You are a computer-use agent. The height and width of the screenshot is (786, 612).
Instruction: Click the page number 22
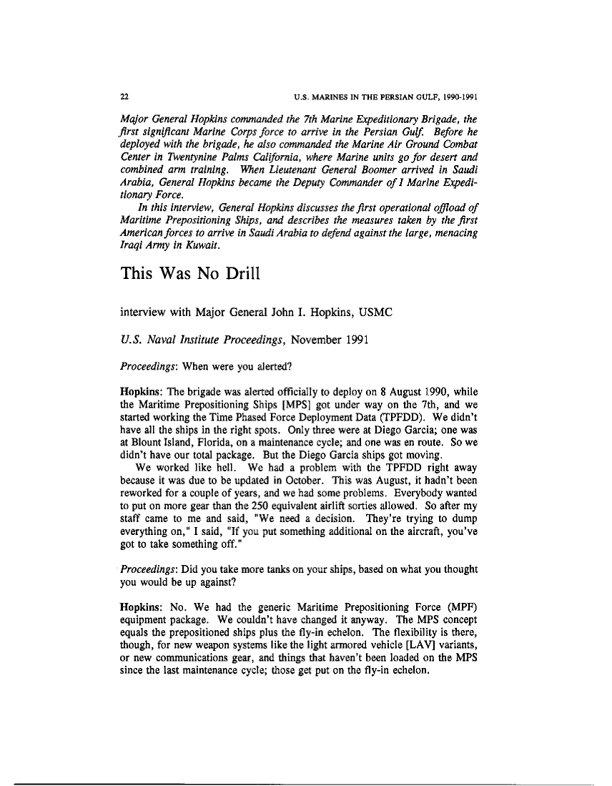124,96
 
